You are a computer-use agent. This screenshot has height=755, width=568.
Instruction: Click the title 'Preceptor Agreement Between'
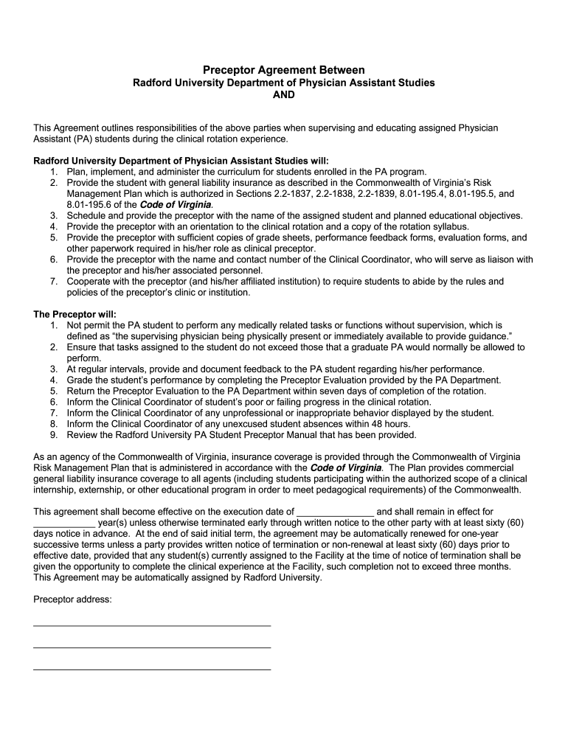tap(283, 69)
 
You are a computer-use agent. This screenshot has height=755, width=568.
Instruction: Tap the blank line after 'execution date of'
tap(335, 512)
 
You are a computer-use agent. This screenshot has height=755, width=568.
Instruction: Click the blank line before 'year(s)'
tap(64, 523)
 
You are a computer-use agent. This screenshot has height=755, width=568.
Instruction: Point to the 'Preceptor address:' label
tap(72, 599)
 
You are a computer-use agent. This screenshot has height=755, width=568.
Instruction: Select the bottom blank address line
tap(152, 669)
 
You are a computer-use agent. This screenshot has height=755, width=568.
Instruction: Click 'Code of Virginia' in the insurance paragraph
tap(346, 467)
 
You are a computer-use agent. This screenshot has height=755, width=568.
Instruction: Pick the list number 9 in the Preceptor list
tap(55, 435)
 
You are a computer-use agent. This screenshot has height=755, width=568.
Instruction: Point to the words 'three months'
tap(483, 566)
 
